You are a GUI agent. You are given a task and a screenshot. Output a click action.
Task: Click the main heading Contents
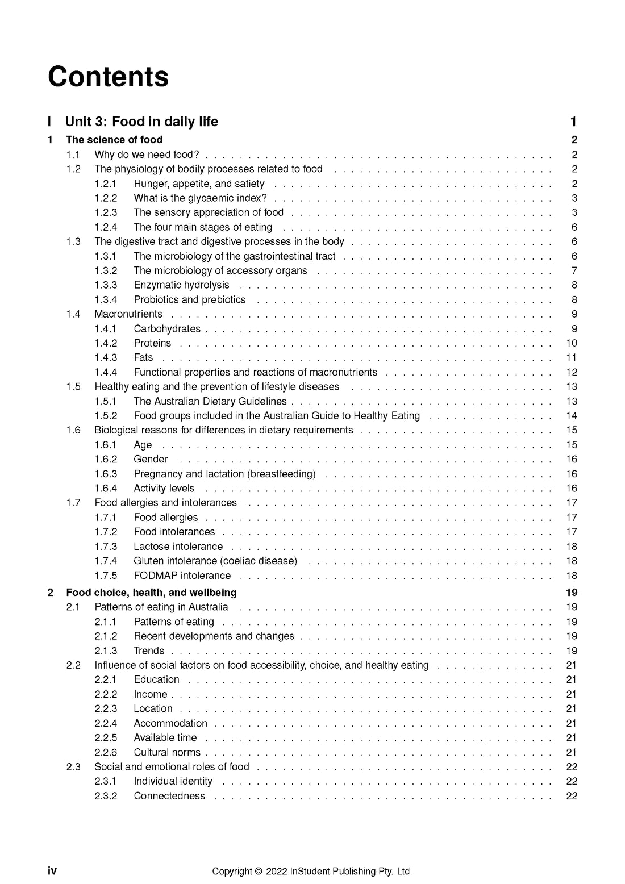pos(108,77)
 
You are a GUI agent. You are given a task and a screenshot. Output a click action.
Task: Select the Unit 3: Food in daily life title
pos(141,122)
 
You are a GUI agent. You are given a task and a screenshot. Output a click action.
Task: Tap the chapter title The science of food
pos(114,140)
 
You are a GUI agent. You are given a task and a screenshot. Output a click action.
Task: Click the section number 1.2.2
pos(106,198)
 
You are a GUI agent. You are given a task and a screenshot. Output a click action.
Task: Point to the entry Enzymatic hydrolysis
pos(181,285)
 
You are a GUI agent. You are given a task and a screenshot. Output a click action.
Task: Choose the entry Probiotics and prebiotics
pos(189,300)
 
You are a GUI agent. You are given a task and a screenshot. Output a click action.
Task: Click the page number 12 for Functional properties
pos(572,372)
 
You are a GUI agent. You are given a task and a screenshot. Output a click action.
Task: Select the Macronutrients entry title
pos(128,314)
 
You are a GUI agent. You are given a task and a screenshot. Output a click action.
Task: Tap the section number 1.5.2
pos(106,416)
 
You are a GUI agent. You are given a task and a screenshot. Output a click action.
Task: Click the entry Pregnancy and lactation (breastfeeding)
pos(224,474)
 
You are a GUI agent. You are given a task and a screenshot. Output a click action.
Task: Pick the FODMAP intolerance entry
pos(182,576)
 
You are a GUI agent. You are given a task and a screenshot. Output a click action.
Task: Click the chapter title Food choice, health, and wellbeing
pos(151,593)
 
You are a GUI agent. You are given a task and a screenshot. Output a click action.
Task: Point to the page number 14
pos(572,416)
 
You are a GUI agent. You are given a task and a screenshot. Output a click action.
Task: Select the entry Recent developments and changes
pos(214,636)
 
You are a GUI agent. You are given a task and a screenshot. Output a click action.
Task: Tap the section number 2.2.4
pos(106,723)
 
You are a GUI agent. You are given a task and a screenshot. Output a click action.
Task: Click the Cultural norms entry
pos(167,752)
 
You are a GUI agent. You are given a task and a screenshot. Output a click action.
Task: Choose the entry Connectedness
pos(169,796)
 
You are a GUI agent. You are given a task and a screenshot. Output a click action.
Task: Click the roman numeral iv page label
pos(52,871)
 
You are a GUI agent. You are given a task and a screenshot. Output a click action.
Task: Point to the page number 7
pos(574,271)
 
